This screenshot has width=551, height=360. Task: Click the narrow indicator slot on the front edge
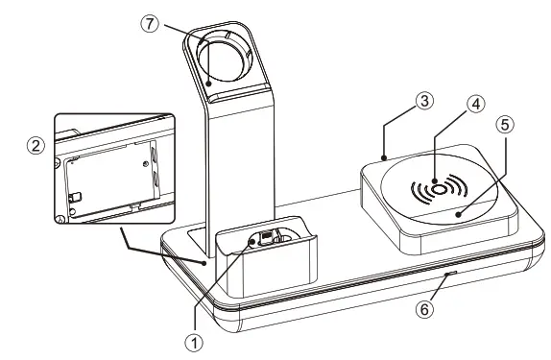pyautogui.click(x=448, y=275)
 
